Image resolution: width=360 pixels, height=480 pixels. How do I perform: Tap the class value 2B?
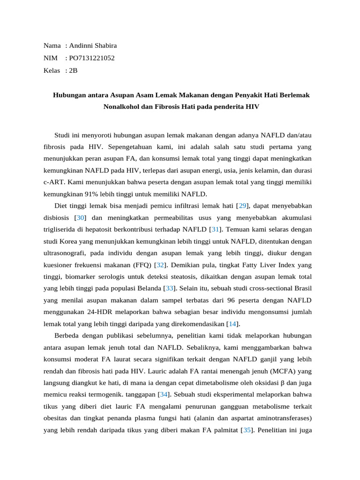[x=73, y=71]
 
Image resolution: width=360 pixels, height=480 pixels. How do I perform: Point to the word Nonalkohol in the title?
[x=120, y=107]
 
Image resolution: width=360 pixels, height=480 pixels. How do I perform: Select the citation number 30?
[x=80, y=218]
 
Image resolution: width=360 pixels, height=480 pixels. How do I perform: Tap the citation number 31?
[x=216, y=230]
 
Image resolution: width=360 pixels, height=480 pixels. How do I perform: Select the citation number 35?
[x=246, y=430]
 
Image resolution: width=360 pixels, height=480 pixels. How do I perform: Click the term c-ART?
[x=53, y=182]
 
